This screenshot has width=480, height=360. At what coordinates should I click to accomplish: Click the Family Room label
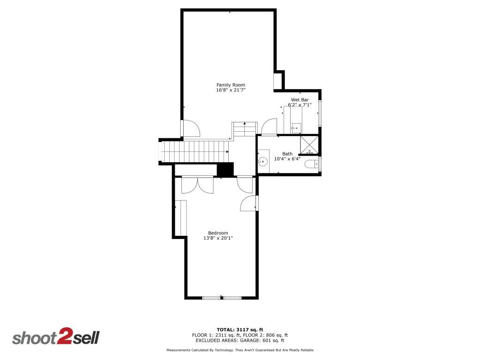231,85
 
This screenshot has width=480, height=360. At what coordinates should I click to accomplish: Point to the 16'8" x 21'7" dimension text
231,90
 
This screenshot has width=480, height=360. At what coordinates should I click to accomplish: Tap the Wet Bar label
300,100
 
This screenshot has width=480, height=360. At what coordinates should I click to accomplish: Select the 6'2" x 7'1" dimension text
300,105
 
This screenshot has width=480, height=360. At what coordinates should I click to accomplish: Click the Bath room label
287,154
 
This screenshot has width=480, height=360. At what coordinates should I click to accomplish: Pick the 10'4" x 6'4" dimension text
287,159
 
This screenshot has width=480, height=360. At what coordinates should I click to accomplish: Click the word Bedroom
218,233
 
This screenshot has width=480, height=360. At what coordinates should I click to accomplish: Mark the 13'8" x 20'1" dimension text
218,238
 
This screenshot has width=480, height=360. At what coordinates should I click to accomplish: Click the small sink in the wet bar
295,127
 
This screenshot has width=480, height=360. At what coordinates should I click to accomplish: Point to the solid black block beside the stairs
226,169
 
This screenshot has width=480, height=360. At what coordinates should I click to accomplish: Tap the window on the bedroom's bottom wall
222,297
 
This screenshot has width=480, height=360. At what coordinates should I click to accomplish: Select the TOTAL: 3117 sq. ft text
240,330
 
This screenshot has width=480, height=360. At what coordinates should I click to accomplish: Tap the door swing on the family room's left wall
190,128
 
